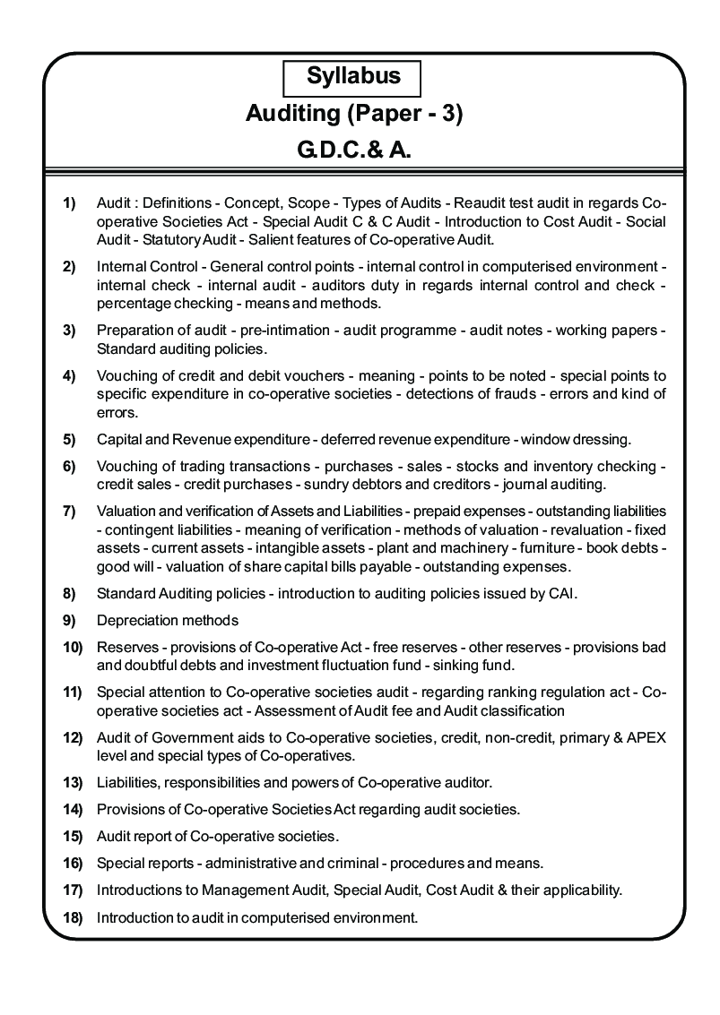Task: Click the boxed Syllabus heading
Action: (353, 77)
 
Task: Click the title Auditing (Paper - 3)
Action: (353, 115)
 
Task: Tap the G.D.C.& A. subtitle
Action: (354, 151)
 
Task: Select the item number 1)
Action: (69, 204)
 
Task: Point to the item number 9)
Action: (69, 621)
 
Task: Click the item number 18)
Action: (73, 917)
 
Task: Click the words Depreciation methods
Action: (168, 621)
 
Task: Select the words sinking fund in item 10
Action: (473, 666)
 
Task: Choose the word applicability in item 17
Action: (574, 890)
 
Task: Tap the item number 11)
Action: (73, 692)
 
